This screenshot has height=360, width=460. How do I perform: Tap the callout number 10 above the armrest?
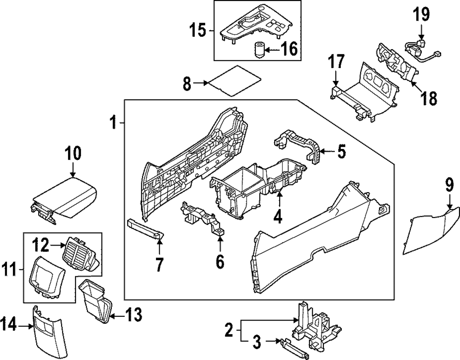coord(73,153)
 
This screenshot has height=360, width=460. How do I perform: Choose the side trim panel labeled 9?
coord(430,230)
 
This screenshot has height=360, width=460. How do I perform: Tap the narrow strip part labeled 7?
coord(144,228)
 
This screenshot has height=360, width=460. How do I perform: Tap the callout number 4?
coord(278,216)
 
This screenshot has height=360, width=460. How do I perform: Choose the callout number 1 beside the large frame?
coord(113,123)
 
